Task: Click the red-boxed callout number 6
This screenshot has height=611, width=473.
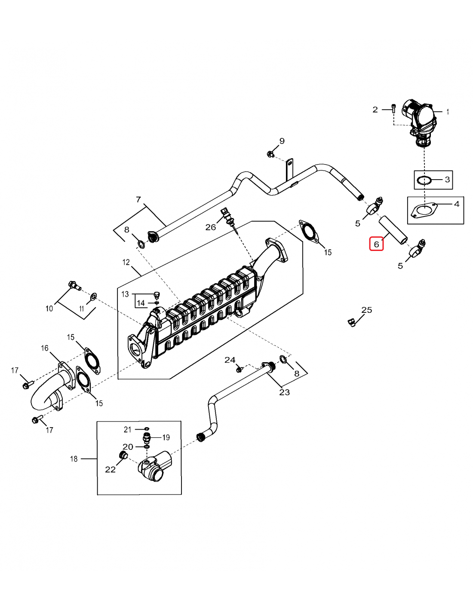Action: pos(376,244)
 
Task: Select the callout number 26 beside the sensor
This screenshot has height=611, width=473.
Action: pos(210,227)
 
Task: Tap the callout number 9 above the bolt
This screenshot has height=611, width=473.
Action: pos(282,141)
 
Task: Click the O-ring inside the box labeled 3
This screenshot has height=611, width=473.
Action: pos(424,180)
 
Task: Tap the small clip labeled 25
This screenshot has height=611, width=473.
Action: pos(352,321)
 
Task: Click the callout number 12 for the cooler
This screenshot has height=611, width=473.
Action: pos(126,262)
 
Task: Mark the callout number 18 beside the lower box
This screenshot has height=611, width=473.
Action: pos(74,459)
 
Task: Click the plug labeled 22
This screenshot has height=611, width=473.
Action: pos(123,455)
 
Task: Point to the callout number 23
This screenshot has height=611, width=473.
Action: pos(285,392)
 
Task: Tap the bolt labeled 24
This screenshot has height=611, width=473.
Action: pos(240,369)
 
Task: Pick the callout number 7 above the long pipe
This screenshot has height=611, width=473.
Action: pos(138,199)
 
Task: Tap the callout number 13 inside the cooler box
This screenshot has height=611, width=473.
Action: pos(125,294)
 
